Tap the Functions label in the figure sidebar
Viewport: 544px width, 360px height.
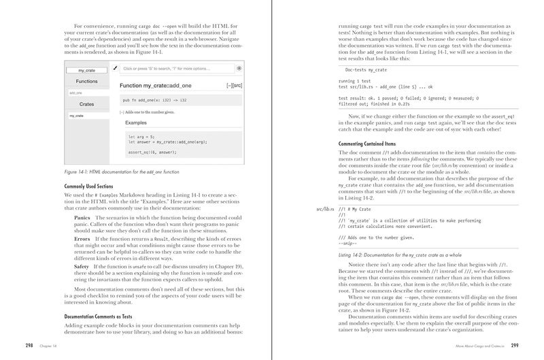[x=86, y=81]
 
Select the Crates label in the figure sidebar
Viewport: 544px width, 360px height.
[x=86, y=105]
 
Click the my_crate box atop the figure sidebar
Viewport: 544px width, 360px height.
[x=86, y=70]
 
